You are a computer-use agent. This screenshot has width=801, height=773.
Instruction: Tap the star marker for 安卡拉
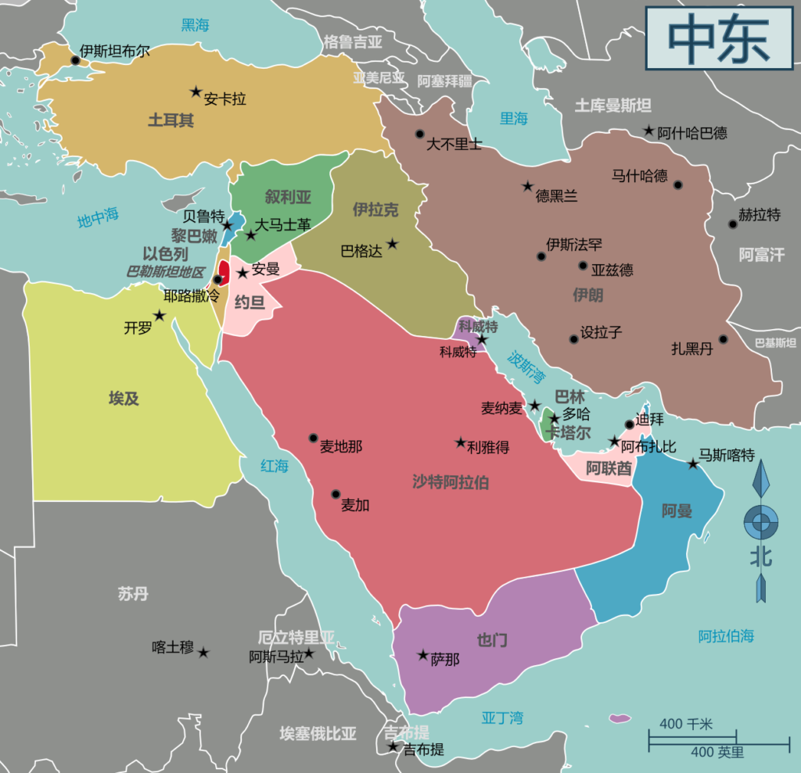(196, 91)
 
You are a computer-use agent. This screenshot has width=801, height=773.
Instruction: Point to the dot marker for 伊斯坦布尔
(76, 60)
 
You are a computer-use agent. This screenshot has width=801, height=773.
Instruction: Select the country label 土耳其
(171, 120)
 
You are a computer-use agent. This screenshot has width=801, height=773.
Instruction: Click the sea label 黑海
(195, 25)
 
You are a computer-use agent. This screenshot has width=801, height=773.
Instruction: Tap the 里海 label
(514, 118)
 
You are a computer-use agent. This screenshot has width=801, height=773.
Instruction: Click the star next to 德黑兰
(527, 187)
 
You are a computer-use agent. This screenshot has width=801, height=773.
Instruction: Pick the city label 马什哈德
(639, 176)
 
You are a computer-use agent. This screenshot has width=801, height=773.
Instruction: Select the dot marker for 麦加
(336, 494)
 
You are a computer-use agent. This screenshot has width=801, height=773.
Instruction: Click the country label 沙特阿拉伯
(451, 481)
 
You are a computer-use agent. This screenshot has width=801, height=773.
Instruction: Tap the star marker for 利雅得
(461, 442)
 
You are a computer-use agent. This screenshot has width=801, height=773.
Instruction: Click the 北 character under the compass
(760, 558)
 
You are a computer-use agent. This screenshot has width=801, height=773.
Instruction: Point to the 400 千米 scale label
(685, 725)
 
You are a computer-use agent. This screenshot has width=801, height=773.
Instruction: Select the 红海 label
(275, 466)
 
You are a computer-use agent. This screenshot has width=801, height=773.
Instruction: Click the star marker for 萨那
(423, 655)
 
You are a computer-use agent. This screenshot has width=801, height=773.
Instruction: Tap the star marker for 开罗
(160, 316)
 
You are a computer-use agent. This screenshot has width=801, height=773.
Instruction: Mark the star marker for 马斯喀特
(692, 464)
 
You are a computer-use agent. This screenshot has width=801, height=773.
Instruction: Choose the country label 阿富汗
(761, 255)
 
